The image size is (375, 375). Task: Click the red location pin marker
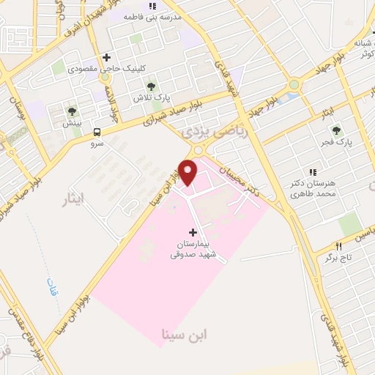(x=188, y=172)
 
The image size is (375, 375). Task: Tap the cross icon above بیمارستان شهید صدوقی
(x=193, y=232)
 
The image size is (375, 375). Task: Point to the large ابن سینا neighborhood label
(x=186, y=334)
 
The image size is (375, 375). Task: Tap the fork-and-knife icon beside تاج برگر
(x=338, y=247)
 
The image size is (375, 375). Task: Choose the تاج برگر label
(x=339, y=259)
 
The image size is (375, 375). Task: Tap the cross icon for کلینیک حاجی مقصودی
(x=107, y=56)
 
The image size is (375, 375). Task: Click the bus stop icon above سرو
(x=97, y=133)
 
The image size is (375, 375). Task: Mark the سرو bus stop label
(x=97, y=144)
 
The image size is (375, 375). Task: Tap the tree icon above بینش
(x=72, y=112)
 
